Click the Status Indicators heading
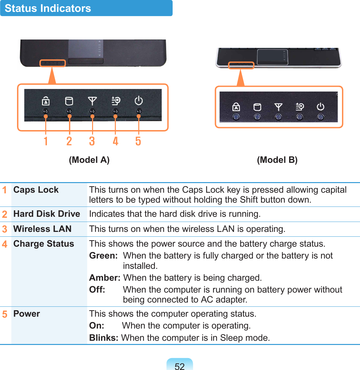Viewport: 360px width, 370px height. point(48,8)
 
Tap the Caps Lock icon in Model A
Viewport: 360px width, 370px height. point(46,101)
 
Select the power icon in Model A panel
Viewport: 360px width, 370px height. point(139,101)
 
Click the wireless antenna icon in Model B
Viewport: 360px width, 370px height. point(278,107)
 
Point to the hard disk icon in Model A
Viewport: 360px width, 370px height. point(69,101)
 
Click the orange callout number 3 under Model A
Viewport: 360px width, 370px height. point(92,141)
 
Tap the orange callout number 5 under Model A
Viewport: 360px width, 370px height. point(138,141)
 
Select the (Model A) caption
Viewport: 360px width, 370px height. point(89,160)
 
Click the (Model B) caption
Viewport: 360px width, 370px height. point(277,160)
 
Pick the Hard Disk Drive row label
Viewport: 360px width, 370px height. point(47,214)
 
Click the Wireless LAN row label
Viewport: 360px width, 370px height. point(42,229)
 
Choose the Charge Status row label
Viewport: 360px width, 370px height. point(44,244)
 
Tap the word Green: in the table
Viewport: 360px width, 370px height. point(103,256)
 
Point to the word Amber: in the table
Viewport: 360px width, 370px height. point(105,278)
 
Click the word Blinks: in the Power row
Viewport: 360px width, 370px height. point(104,338)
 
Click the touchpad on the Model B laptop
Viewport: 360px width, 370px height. point(272,57)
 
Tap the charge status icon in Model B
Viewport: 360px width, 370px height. point(299,107)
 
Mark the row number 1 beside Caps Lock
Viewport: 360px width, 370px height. point(4,190)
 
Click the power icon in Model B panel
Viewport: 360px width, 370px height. point(321,107)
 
